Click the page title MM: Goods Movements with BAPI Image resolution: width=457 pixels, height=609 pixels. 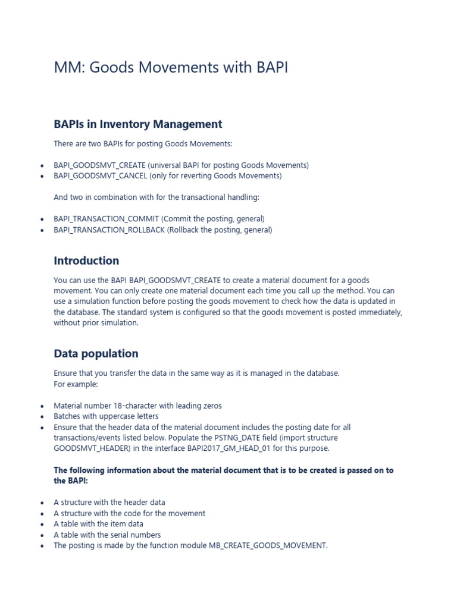[x=171, y=68]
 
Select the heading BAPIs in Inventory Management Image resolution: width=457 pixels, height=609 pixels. [x=137, y=124]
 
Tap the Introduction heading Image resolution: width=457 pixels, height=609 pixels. [x=86, y=260]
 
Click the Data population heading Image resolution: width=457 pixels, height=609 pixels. [x=96, y=353]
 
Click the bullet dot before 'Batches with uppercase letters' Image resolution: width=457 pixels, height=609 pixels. [x=42, y=417]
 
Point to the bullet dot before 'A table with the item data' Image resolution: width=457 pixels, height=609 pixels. [x=42, y=525]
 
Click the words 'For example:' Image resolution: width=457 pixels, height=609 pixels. [x=76, y=384]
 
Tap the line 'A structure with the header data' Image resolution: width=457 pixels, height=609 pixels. [x=109, y=503]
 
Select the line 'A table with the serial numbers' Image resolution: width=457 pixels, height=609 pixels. [x=107, y=535]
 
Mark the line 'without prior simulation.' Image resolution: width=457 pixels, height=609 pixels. [x=96, y=323]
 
